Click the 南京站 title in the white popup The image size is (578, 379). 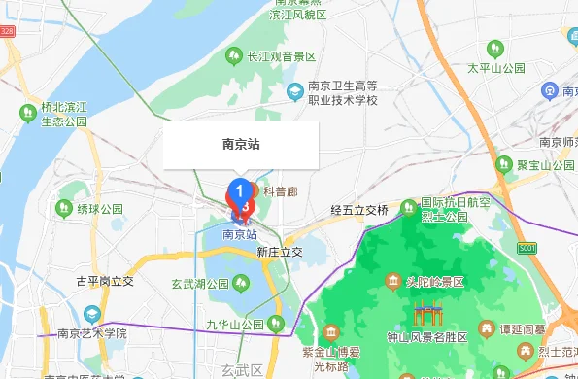(241, 145)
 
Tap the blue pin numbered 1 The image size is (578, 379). (238, 189)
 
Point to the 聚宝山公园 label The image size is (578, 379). (546, 165)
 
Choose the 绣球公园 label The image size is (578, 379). (100, 208)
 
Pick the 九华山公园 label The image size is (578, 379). (235, 324)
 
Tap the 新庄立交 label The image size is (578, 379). (280, 252)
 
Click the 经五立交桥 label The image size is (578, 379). (358, 210)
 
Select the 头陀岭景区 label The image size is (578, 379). (435, 282)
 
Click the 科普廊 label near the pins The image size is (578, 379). (280, 191)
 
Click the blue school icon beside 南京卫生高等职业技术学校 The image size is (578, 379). (294, 91)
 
